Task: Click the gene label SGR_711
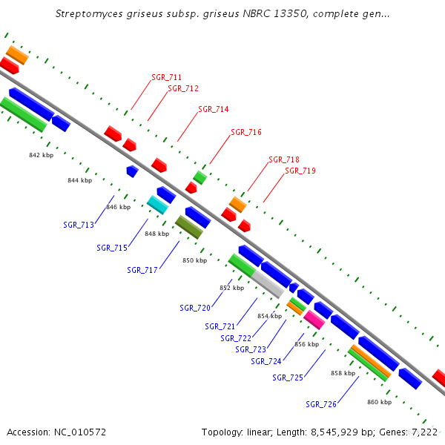167,77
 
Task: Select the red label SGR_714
214,109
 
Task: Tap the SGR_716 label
246,132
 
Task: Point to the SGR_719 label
300,171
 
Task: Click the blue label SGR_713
79,225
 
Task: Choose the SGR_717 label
142,270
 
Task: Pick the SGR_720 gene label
195,307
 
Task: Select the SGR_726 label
321,404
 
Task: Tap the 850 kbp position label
194,260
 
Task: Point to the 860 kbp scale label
379,402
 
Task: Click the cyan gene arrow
157,204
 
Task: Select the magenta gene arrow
314,320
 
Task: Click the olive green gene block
188,227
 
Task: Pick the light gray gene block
267,283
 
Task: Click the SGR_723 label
251,349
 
